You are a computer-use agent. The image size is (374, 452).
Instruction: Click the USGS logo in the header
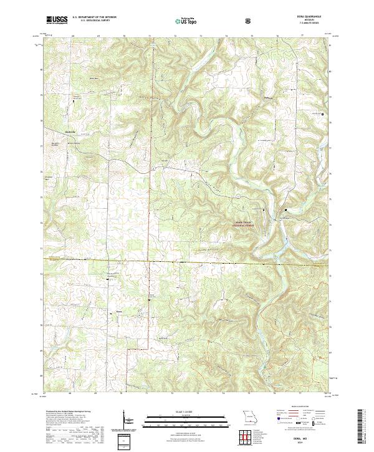pos(57,20)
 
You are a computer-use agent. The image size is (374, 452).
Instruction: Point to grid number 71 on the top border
pos(150,37)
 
